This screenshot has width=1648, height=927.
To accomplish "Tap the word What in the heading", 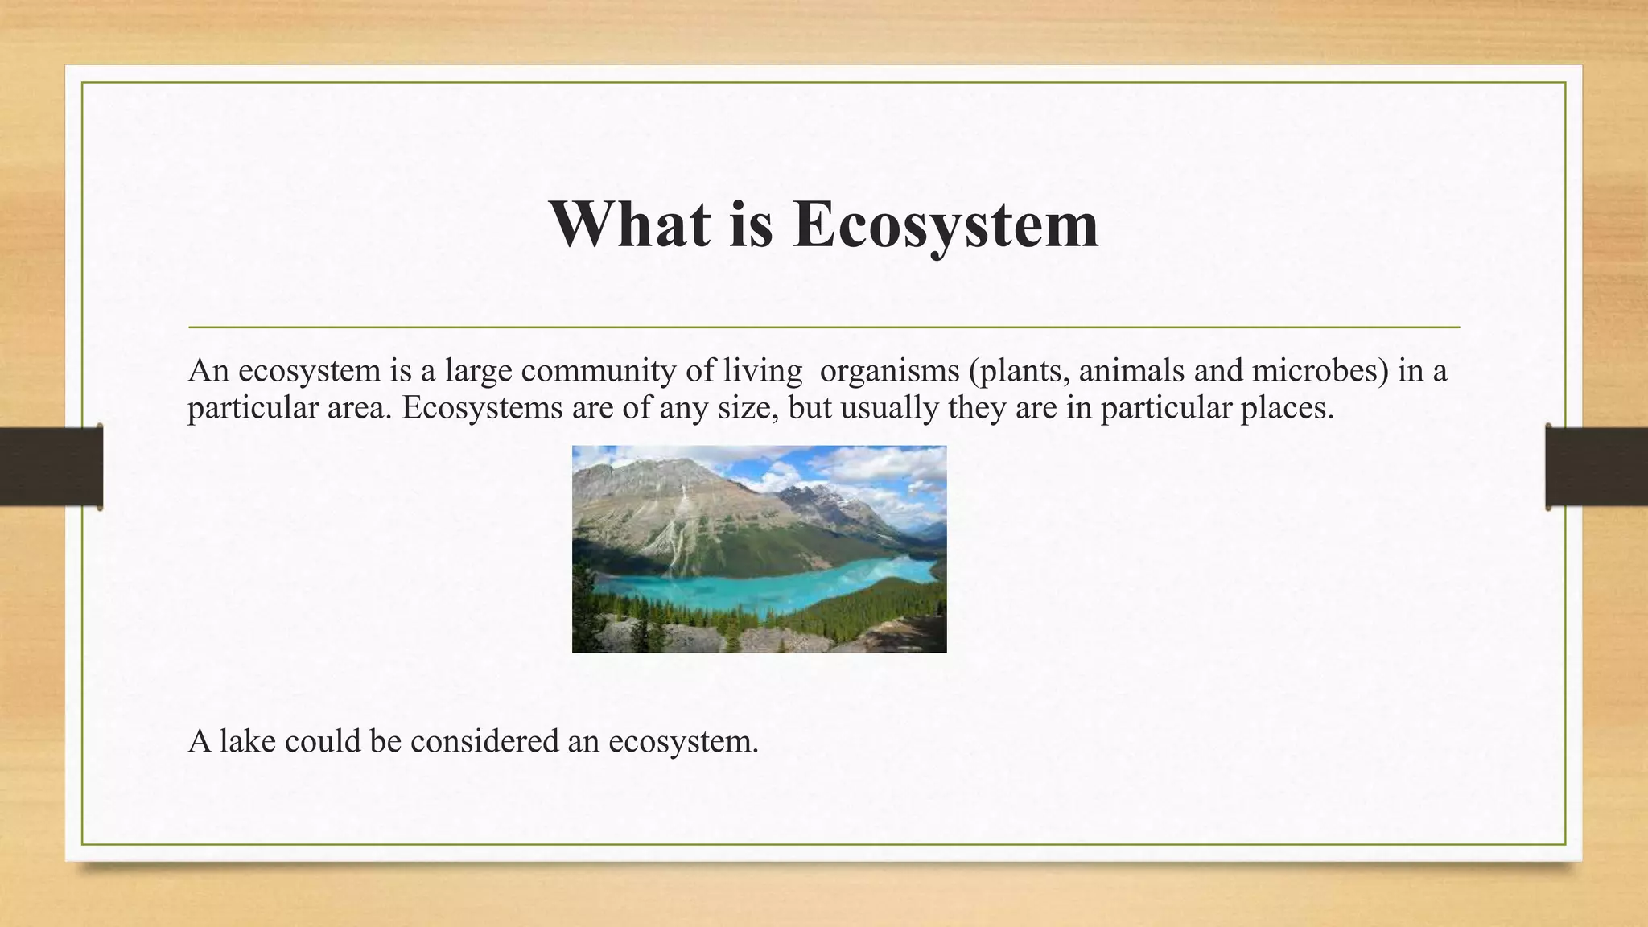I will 630,224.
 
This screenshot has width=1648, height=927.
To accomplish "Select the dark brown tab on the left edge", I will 51,467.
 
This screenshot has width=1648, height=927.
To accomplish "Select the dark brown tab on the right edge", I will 1596,467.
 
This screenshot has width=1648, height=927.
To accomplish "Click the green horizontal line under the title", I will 824,328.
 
